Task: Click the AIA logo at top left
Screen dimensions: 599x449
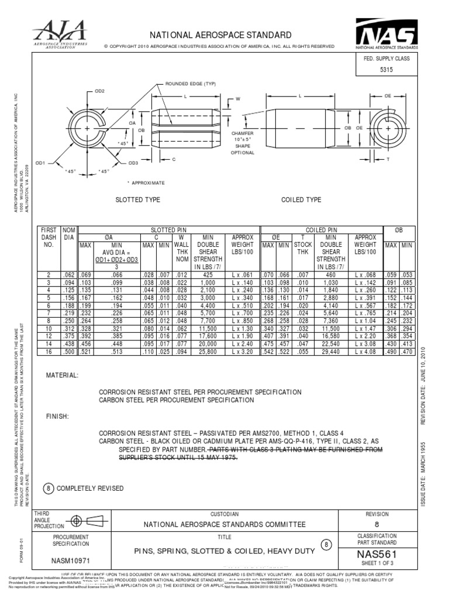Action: pos(58,33)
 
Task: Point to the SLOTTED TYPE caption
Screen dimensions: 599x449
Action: pos(138,200)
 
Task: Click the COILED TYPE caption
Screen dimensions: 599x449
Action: pos(301,200)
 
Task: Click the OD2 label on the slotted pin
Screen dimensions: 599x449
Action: pos(99,91)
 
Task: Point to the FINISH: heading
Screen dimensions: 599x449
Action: pos(57,416)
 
